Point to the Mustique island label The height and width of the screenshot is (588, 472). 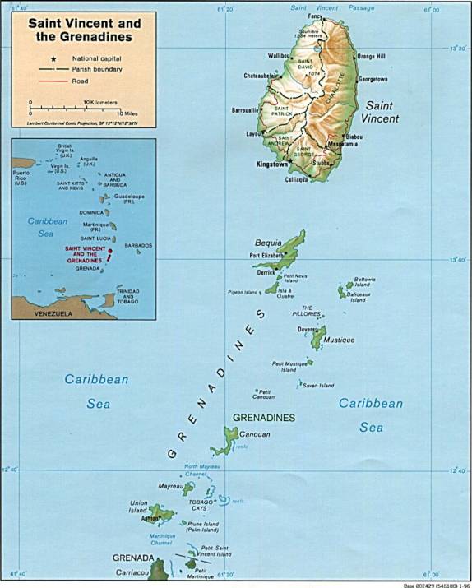click(339, 340)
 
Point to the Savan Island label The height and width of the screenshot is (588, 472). click(318, 385)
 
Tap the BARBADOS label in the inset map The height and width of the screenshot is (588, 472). click(139, 245)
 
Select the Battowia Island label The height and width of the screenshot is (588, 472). click(365, 282)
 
